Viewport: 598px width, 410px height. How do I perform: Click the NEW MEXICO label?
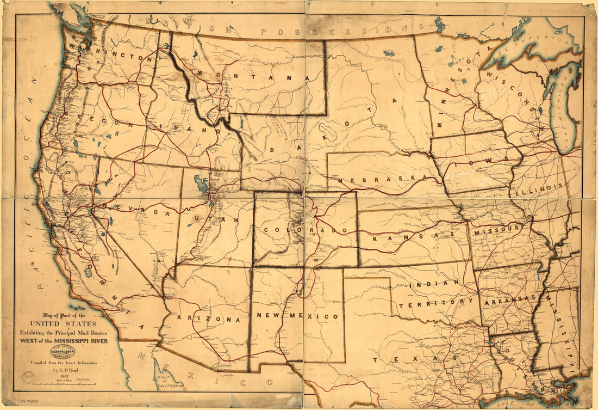298,316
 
